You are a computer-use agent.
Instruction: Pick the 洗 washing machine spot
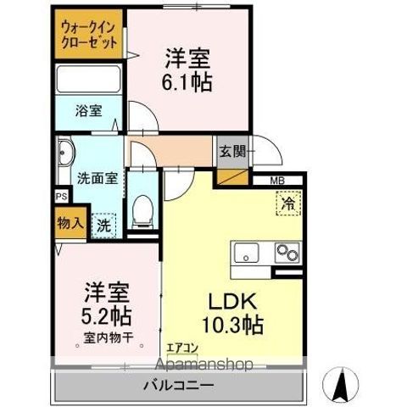click(103, 226)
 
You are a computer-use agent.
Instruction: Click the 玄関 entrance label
click(233, 153)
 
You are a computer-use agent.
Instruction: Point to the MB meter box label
click(277, 181)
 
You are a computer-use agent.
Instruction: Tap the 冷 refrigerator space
click(287, 203)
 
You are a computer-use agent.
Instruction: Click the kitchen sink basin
click(248, 252)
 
